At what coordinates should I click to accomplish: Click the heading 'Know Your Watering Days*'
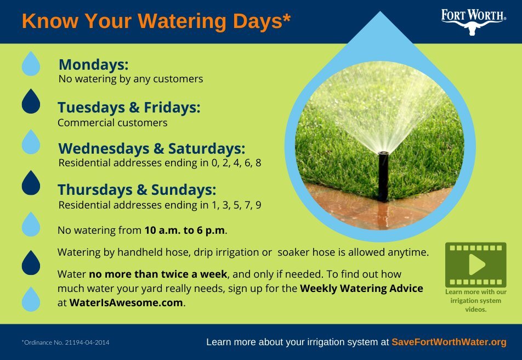(x=156, y=21)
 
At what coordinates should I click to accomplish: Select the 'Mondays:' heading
(x=93, y=65)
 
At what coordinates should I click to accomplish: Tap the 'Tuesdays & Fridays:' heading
(x=129, y=108)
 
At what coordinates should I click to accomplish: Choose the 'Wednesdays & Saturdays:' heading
(x=151, y=149)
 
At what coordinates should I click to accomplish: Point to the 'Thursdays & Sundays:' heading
(x=137, y=190)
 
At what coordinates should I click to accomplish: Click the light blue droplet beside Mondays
(x=31, y=64)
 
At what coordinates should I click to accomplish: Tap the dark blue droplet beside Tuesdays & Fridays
(x=31, y=102)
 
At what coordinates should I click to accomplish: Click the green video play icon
(x=475, y=265)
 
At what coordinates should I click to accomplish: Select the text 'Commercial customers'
(x=112, y=123)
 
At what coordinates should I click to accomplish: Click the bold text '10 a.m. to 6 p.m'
(x=185, y=230)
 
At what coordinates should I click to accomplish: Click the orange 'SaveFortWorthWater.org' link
(x=449, y=342)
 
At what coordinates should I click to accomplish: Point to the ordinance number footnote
(x=65, y=342)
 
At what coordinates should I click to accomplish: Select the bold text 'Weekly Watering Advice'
(x=361, y=289)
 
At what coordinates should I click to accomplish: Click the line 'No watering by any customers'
(x=130, y=79)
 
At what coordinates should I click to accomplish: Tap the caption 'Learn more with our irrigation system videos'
(x=475, y=301)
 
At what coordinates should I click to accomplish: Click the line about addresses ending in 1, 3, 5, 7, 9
(x=160, y=205)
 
